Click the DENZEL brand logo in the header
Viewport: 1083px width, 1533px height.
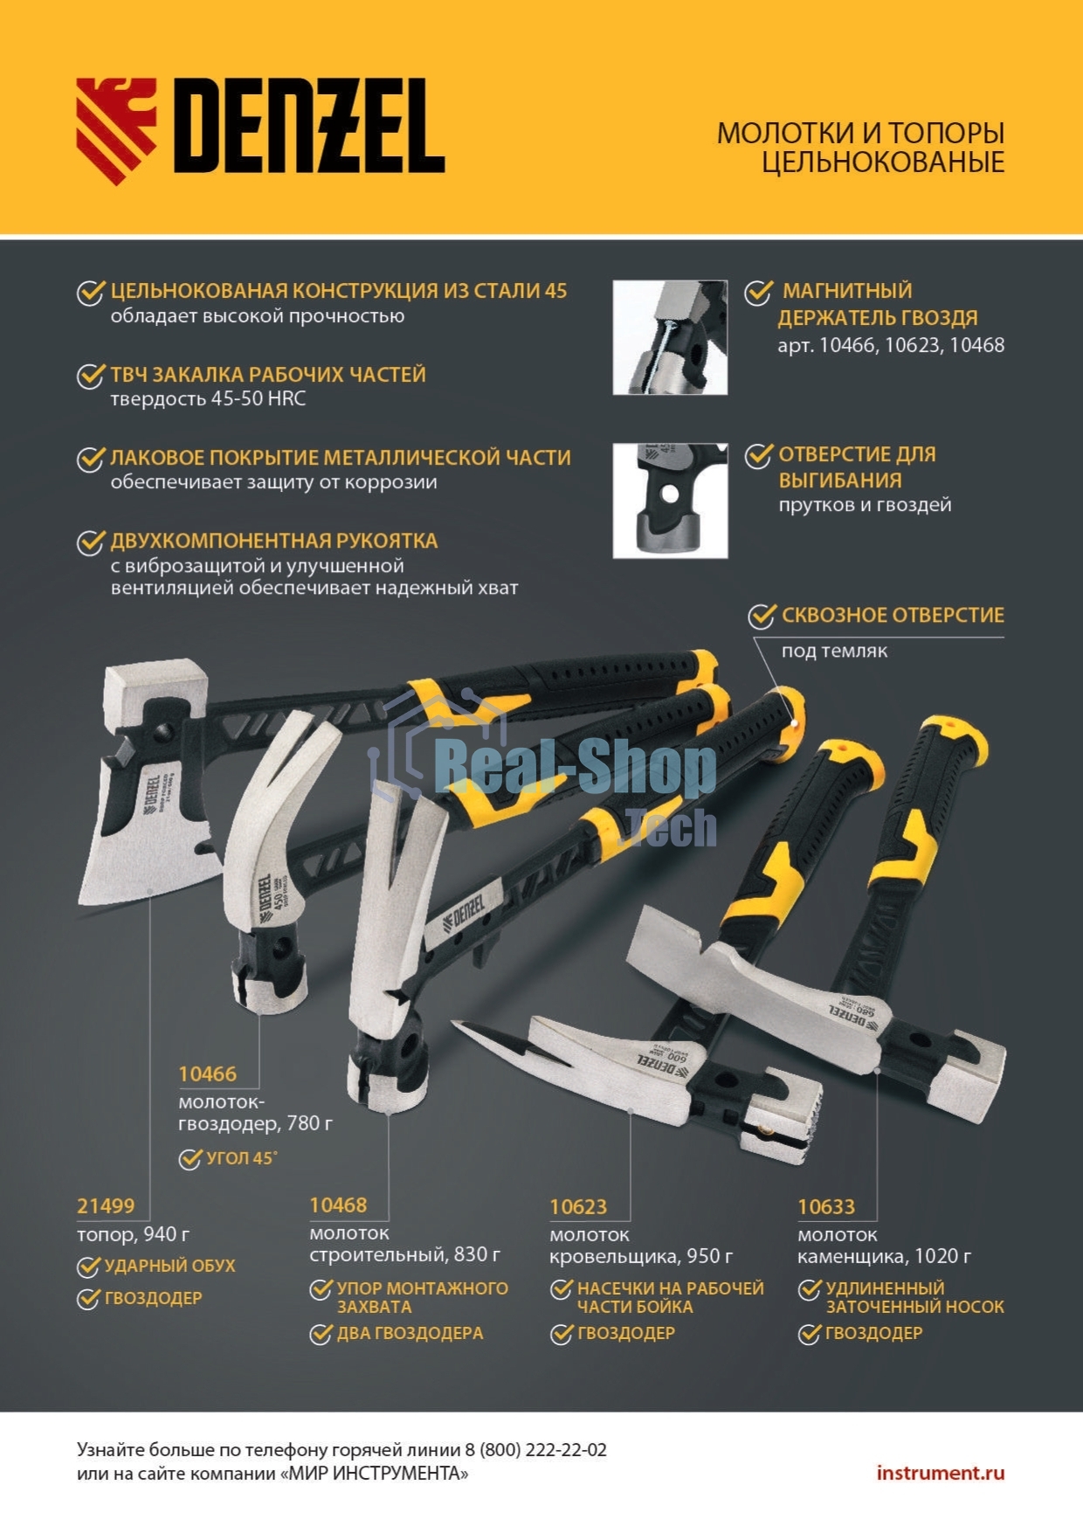261,131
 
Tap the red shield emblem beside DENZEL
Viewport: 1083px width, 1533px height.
116,131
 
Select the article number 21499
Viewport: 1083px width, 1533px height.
106,1206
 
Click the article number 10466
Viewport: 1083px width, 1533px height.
207,1074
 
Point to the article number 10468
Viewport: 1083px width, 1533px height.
338,1205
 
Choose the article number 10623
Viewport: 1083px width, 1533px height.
578,1207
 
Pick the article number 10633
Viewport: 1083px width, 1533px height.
826,1207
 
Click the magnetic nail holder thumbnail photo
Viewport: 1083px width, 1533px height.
670,337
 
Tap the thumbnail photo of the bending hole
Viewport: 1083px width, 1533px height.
670,501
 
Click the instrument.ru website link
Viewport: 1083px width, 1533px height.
941,1473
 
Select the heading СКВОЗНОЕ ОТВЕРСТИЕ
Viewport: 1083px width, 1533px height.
893,615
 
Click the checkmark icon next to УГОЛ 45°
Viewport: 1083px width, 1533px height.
190,1158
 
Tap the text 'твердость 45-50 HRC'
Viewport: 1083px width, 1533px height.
208,399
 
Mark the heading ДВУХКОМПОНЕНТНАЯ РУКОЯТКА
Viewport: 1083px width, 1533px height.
274,541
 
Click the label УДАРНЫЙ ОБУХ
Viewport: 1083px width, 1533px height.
169,1266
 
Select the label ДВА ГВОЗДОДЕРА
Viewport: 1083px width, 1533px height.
410,1333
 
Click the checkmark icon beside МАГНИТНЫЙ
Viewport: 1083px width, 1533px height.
758,292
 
